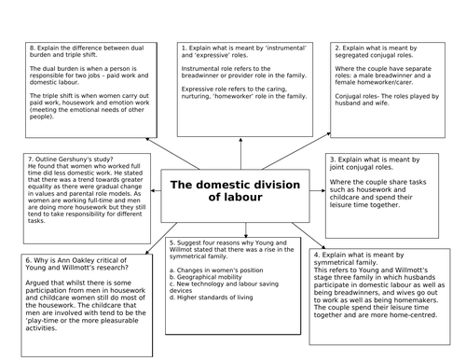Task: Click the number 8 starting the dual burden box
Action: pyautogui.click(x=32, y=47)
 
